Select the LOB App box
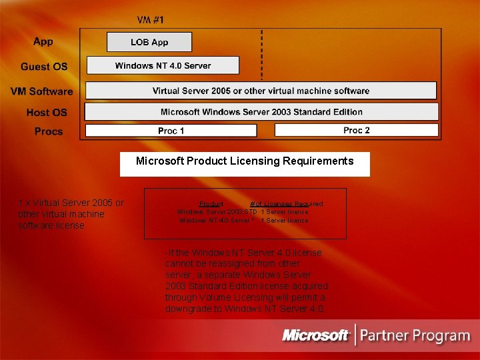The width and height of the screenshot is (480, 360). tap(149, 42)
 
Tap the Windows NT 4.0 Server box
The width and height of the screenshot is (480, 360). tap(163, 65)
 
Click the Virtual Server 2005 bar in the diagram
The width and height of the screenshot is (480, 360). tap(261, 91)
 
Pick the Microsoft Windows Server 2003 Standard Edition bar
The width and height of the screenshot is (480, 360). tap(261, 112)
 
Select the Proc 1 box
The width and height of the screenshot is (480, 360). tap(171, 131)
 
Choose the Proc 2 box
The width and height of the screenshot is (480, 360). tap(356, 130)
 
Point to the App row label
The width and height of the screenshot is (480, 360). tap(43, 41)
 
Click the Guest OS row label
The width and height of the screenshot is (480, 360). tap(44, 67)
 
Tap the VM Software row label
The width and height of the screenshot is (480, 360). tap(41, 91)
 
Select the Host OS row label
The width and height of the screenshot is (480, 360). tap(47, 113)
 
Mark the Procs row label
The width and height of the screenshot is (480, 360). tap(49, 131)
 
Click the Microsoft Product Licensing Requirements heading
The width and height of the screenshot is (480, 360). tap(245, 161)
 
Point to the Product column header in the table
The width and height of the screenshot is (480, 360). tap(211, 203)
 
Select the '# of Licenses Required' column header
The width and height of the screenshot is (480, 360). tap(286, 203)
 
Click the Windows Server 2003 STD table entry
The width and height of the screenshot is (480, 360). tap(217, 211)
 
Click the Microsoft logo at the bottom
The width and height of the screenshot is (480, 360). tap(316, 335)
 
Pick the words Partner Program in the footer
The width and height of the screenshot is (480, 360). tap(415, 335)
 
